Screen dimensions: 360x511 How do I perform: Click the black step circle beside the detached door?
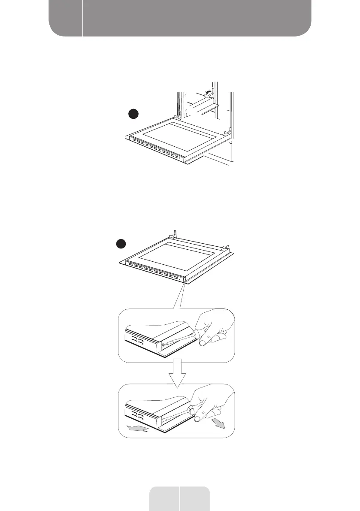click(121, 244)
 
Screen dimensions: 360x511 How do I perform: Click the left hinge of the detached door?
click(175, 234)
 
